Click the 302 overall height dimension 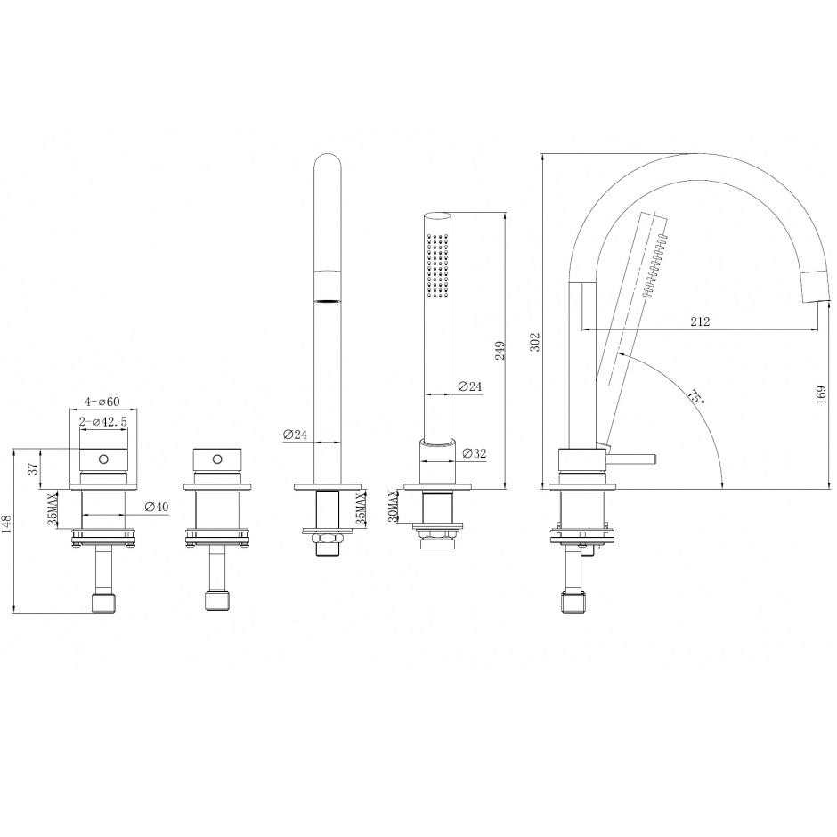pyautogui.click(x=536, y=342)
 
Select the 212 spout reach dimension pyautogui.click(x=700, y=321)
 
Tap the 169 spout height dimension pyautogui.click(x=822, y=394)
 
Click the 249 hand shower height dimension pyautogui.click(x=500, y=350)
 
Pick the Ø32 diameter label pyautogui.click(x=475, y=453)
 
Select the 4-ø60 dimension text pyautogui.click(x=102, y=401)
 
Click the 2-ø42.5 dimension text pyautogui.click(x=103, y=422)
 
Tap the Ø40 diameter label pyautogui.click(x=157, y=507)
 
